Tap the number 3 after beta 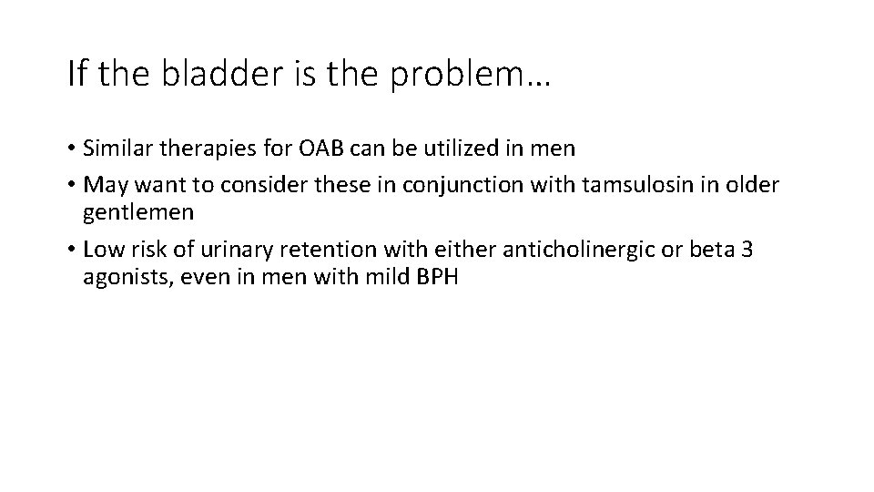click(x=747, y=251)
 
